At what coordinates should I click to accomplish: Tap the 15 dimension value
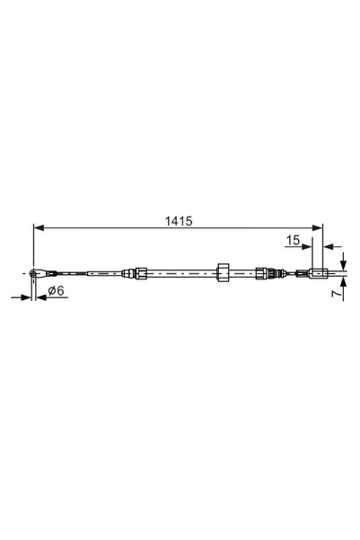click(x=292, y=240)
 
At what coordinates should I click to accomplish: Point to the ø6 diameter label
click(x=53, y=290)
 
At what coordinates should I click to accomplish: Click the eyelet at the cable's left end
click(x=35, y=270)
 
